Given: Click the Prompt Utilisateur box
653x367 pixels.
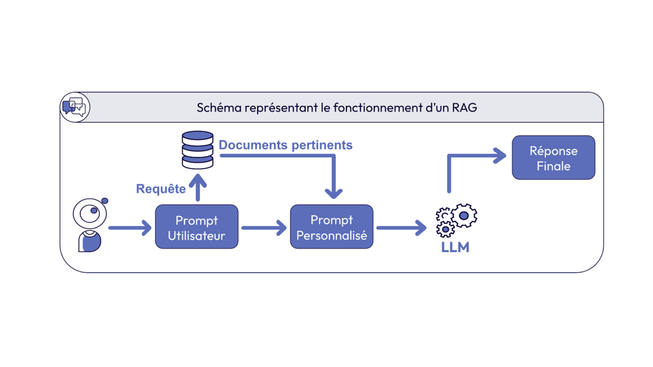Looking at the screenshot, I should click(197, 227).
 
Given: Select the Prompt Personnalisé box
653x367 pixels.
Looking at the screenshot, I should click(331, 227).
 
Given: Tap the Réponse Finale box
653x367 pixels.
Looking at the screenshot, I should click(553, 158).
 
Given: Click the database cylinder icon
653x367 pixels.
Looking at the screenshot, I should click(198, 149).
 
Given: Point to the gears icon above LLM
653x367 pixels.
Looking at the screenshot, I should click(456, 220).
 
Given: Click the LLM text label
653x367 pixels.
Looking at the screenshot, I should click(455, 247).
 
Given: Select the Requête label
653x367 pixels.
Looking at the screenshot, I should click(161, 189).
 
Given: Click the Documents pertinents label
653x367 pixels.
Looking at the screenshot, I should click(285, 145).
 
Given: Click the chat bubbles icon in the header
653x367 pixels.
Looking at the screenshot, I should click(74, 107).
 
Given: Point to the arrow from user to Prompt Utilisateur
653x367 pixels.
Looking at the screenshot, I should click(130, 228).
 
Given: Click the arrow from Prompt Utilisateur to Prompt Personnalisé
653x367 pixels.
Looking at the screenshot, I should click(264, 228).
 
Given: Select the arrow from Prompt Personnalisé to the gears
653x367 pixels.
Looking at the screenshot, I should click(401, 228).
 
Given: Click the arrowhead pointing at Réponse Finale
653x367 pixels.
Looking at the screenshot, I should click(499, 155).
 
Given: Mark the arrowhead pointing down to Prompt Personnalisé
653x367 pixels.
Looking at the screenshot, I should click(334, 192).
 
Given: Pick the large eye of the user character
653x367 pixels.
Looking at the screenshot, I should click(90, 213).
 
